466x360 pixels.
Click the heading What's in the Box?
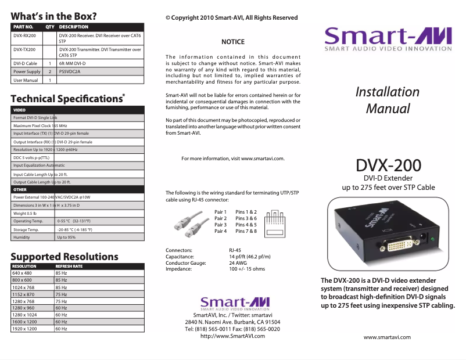click(54, 16)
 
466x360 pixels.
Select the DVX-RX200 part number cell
click(24, 36)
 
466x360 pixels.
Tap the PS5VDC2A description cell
click(69, 71)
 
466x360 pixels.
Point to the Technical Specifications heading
click(67, 99)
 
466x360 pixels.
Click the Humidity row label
click(21, 237)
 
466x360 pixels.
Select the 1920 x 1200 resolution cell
click(25, 329)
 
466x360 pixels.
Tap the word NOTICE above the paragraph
click(233, 42)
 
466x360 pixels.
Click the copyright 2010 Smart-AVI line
click(231, 18)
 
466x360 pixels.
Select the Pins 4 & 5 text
click(246, 225)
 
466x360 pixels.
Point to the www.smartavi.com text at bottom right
click(387, 337)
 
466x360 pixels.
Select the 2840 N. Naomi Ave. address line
click(232, 322)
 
